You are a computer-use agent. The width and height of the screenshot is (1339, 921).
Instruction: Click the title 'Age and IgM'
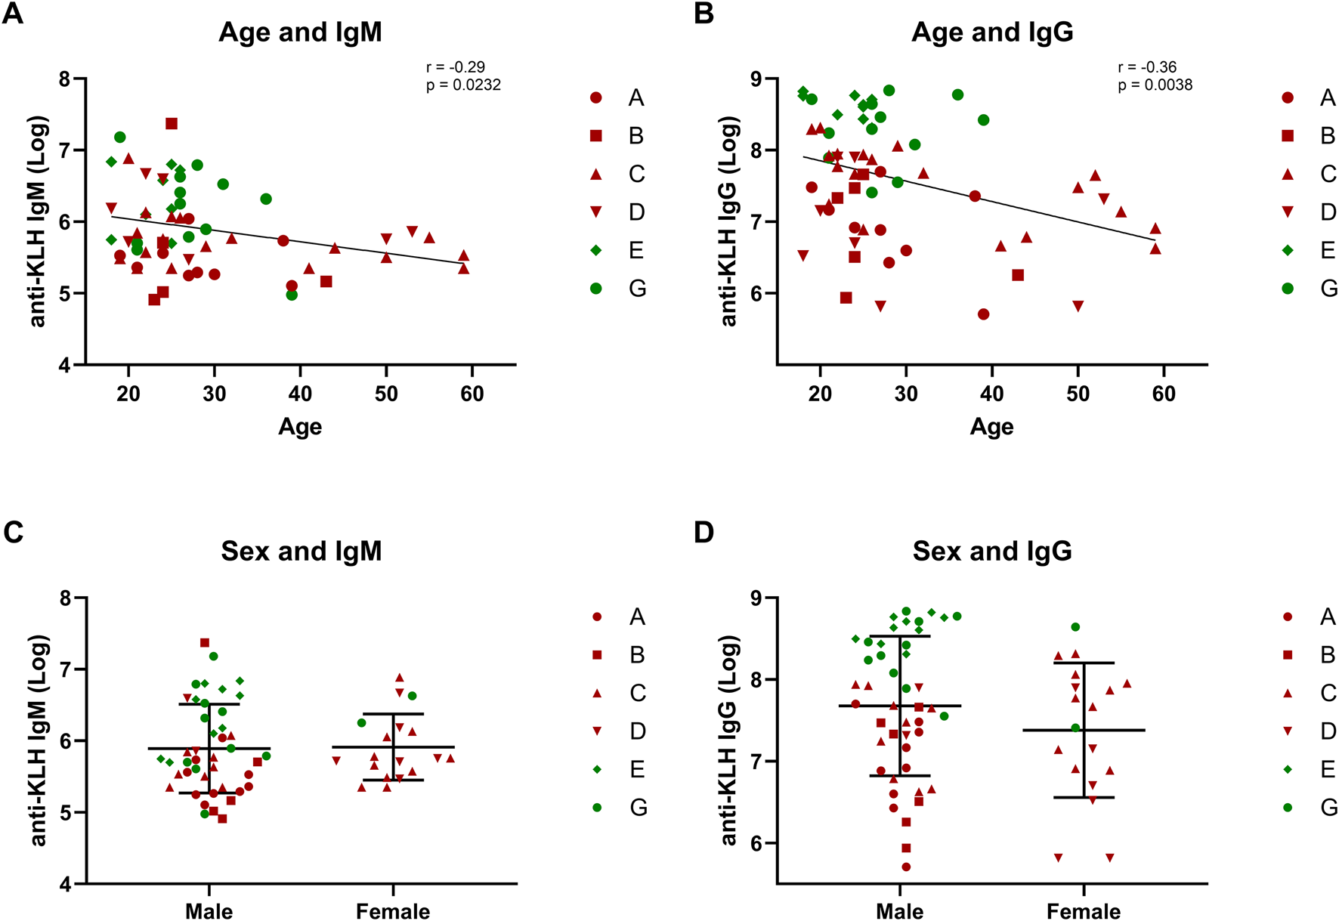point(300,32)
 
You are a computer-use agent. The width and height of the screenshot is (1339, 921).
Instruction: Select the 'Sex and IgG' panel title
point(992,551)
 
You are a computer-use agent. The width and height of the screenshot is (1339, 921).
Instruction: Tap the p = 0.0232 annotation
point(463,85)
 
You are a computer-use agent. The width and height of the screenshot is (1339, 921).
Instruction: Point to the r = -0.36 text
point(1147,67)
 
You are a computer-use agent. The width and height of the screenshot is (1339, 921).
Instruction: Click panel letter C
point(14,533)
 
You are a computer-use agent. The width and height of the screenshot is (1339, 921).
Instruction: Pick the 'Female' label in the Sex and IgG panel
point(1084,911)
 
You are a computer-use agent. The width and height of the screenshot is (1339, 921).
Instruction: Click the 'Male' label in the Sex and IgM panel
point(209,911)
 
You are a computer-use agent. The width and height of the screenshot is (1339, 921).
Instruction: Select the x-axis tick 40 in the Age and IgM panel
point(300,394)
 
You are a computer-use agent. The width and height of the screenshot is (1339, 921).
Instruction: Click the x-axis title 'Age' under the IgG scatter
point(991,427)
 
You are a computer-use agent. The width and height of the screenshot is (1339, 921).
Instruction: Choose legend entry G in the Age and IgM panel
point(637,289)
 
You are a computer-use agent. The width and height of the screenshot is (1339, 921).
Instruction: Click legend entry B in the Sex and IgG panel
point(1328,655)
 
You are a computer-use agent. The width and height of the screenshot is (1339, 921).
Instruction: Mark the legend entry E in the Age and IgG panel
point(1328,250)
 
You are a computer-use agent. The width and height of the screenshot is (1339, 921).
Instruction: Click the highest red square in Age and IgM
point(172,124)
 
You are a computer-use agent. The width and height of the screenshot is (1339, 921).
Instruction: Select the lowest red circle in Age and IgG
point(983,314)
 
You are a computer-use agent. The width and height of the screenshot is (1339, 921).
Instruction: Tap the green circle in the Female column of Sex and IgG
point(1075,627)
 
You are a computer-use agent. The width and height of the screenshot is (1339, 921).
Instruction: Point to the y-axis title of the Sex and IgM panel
point(38,740)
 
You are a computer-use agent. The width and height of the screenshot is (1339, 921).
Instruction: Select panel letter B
point(704,14)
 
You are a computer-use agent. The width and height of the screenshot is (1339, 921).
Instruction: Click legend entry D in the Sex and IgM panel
point(637,731)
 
